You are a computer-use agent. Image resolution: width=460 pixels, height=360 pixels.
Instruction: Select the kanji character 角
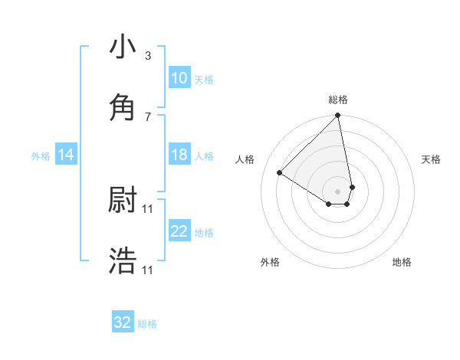pyautogui.click(x=123, y=107)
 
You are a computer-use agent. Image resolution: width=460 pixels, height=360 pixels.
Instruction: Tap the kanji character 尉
pyautogui.click(x=123, y=200)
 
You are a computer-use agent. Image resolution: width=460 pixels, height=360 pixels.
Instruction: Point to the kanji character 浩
pyautogui.click(x=123, y=261)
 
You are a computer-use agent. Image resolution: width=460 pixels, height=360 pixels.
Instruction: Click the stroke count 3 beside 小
pyautogui.click(x=148, y=56)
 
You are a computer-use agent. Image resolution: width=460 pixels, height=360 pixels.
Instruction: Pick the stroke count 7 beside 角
pyautogui.click(x=148, y=116)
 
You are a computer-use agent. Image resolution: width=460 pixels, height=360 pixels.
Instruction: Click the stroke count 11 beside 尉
pyautogui.click(x=149, y=208)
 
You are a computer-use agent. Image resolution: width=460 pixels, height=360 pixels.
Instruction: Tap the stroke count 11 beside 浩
pyautogui.click(x=149, y=270)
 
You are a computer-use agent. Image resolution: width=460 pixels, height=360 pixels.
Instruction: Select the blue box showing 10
pyautogui.click(x=179, y=78)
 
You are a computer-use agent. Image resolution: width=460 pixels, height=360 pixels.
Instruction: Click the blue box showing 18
pyautogui.click(x=179, y=155)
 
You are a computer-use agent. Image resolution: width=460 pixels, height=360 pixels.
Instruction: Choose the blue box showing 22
pyautogui.click(x=179, y=231)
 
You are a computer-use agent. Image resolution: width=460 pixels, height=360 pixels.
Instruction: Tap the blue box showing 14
pyautogui.click(x=66, y=155)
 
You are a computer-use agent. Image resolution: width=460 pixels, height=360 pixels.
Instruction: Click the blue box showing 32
pyautogui.click(x=123, y=322)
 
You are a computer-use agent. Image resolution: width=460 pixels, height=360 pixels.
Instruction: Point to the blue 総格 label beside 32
pyautogui.click(x=147, y=324)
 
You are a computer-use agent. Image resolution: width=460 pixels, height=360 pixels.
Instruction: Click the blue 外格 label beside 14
pyautogui.click(x=41, y=156)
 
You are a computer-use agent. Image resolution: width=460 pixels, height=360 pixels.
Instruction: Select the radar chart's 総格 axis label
pyautogui.click(x=338, y=100)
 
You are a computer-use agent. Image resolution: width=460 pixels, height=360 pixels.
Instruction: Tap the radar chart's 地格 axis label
pyautogui.click(x=402, y=262)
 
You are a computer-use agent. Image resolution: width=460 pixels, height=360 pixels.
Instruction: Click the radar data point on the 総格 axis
pyautogui.click(x=338, y=116)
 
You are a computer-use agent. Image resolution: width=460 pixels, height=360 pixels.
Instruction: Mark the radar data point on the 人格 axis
pyautogui.click(x=280, y=173)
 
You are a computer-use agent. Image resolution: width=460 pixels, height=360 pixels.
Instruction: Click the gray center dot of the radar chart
pyautogui.click(x=338, y=191)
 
